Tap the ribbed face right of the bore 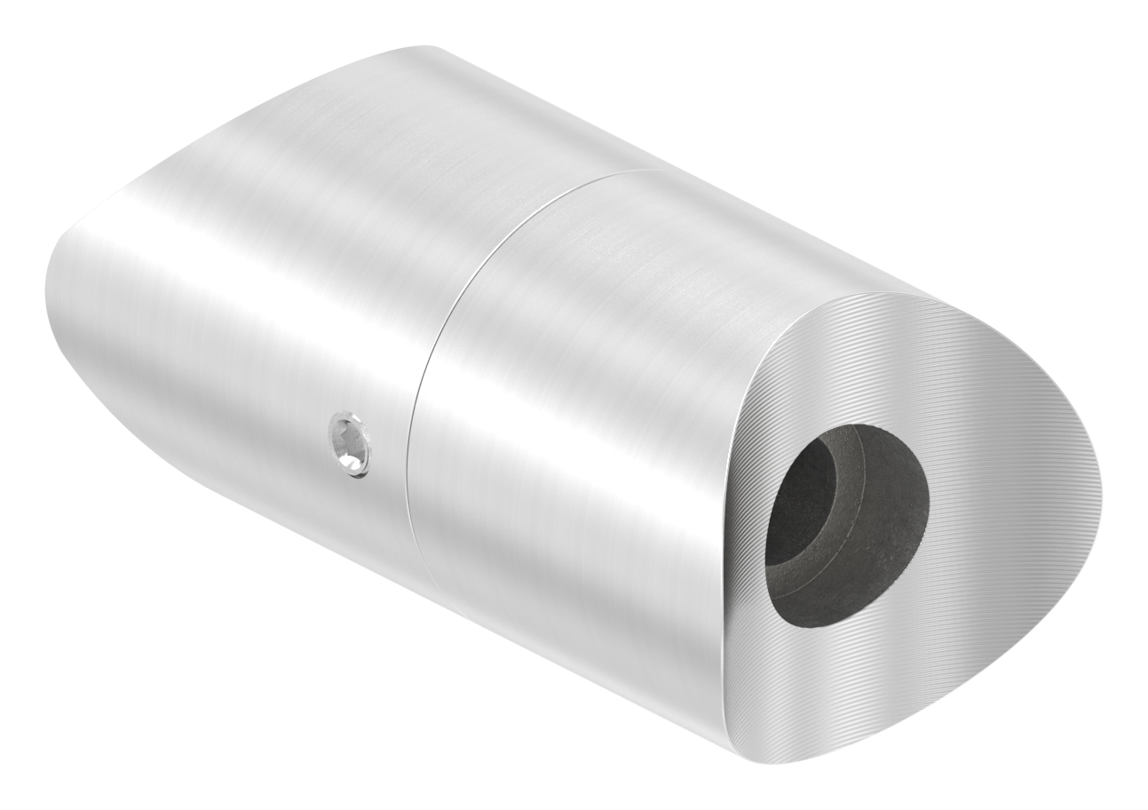[1003, 515]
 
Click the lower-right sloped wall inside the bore [888, 577]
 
